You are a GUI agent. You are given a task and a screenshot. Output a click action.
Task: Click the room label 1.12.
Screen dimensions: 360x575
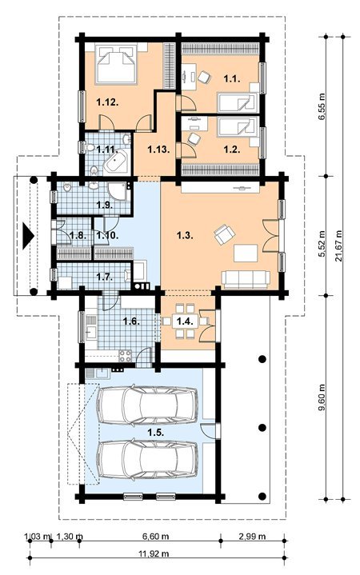tap(107, 103)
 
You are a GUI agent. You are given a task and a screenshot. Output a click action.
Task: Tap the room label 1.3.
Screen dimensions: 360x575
tap(185, 235)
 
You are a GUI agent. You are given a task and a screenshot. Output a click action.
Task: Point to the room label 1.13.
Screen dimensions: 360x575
tap(159, 150)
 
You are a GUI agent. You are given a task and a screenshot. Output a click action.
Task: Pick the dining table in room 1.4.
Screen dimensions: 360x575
tap(182, 321)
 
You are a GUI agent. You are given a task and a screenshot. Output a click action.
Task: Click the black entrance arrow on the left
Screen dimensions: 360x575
tap(28, 235)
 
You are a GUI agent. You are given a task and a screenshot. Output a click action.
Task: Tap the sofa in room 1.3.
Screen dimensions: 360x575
tap(246, 280)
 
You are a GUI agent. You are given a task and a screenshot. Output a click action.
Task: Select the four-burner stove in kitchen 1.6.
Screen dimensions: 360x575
tap(125, 356)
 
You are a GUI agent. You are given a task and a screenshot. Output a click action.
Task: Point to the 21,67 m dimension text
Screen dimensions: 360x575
tap(338, 246)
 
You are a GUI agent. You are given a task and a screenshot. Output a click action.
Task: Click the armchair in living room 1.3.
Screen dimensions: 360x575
tap(224, 234)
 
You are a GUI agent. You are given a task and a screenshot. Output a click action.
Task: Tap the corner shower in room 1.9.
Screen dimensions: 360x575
tap(118, 191)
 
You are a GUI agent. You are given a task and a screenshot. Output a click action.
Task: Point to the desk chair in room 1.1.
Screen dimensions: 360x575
tap(204, 77)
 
